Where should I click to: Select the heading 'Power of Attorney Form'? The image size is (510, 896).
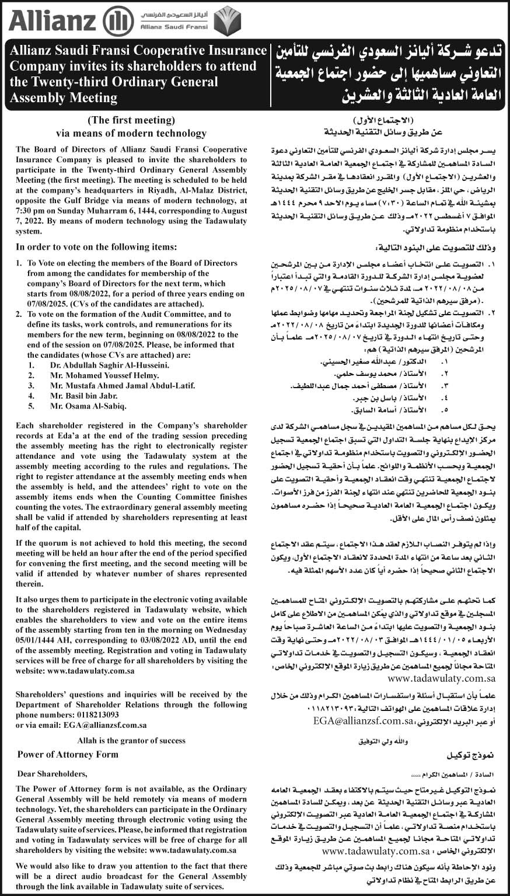[68, 754]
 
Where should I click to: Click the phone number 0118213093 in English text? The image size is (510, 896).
[93, 714]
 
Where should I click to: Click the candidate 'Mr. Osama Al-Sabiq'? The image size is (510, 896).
[88, 406]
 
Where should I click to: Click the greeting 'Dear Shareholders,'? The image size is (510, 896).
[53, 774]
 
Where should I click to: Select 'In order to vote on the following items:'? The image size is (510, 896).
[96, 246]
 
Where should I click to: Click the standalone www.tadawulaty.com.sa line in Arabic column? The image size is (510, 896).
[441, 679]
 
